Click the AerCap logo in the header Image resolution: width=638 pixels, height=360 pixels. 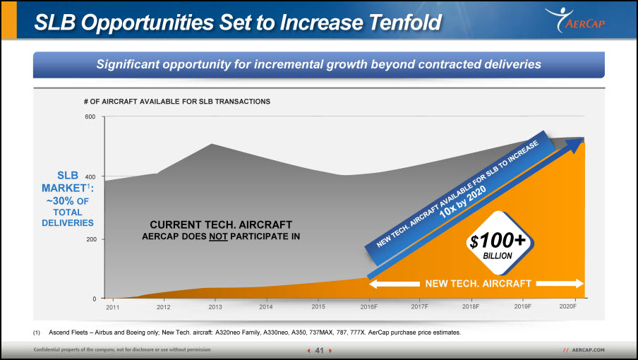575,20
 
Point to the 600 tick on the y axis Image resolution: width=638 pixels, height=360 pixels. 90,116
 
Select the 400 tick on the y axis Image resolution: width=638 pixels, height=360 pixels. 90,177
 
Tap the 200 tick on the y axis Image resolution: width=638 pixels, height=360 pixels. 91,239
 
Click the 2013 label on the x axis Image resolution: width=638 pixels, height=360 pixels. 215,307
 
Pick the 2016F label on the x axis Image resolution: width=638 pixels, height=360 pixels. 368,307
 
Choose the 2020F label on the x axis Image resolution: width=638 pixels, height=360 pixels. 567,306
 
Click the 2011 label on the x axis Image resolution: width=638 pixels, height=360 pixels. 113,307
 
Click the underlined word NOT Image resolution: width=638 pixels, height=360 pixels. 218,236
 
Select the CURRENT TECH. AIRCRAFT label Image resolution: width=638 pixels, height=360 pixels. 221,224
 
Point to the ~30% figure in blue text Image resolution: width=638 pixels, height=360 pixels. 60,201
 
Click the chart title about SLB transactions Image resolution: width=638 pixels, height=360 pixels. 177,101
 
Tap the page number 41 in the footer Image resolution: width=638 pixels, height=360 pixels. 320,350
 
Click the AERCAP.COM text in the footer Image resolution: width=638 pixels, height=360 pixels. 588,350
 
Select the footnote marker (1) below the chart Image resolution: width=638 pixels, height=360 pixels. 37,332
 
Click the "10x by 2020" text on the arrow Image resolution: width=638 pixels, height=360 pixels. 463,201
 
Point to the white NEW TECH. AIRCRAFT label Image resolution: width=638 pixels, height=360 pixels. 478,284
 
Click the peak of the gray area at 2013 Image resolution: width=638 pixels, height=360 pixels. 212,143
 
